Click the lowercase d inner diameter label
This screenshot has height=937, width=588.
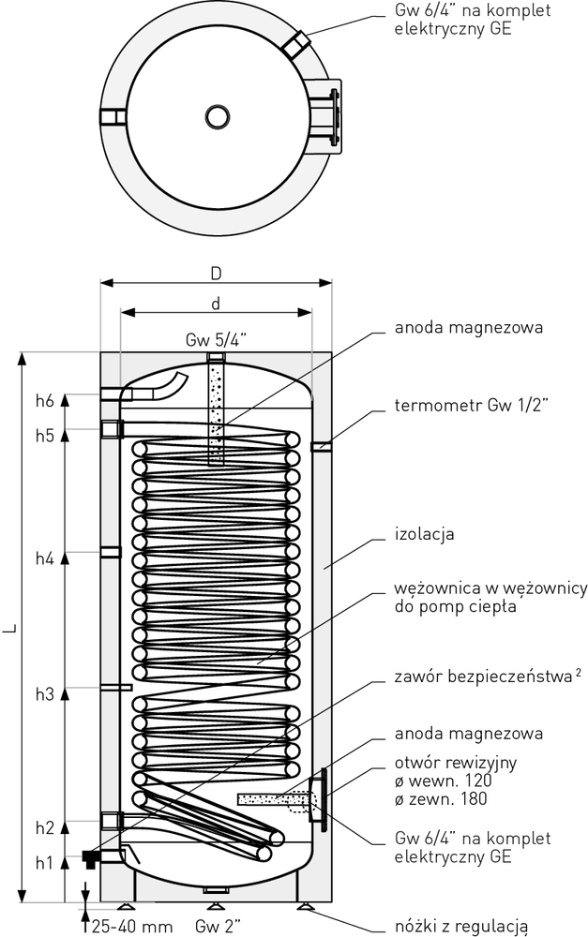coord(216,305)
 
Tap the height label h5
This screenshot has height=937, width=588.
coord(44,435)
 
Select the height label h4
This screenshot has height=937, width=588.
coord(44,558)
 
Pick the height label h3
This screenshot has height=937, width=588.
coord(44,693)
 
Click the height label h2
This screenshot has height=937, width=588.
coord(44,827)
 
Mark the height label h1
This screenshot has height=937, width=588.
coord(44,861)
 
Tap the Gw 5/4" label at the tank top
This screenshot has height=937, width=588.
coord(216,339)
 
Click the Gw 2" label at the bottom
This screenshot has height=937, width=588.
coord(219,926)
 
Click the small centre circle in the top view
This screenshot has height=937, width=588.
coord(216,116)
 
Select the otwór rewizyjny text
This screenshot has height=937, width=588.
coord(443,763)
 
